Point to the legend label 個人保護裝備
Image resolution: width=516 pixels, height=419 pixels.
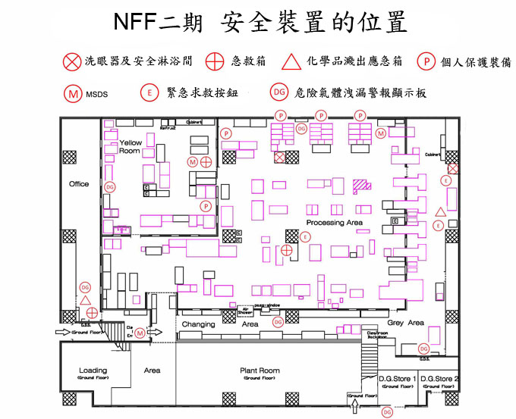477,62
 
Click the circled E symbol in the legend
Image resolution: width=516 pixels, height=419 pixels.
149,92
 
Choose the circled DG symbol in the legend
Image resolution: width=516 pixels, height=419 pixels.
279,92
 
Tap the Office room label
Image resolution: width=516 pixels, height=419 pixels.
79,184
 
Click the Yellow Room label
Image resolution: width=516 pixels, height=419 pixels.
131,147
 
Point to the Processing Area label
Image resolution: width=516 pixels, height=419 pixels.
334,223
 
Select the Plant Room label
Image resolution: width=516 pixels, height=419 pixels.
260,371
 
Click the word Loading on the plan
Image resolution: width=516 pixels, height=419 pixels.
93,371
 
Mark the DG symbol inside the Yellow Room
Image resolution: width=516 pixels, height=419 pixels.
110,186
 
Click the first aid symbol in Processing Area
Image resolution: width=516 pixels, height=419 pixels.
287,250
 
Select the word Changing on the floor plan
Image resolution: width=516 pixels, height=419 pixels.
199,324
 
